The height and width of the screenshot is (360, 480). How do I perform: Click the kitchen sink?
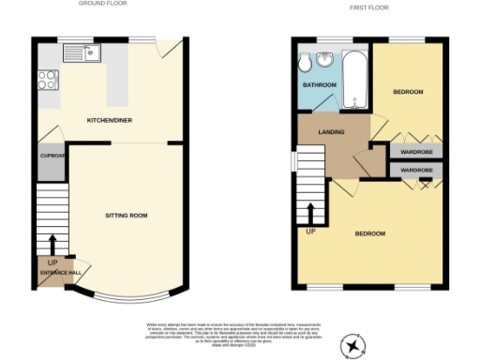(82, 52)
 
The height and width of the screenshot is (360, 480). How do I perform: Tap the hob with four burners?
(46, 81)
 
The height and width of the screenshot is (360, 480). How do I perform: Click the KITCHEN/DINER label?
(109, 122)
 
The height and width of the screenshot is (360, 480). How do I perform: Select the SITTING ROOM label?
(127, 216)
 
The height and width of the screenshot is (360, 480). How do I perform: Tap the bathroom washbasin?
(326, 61)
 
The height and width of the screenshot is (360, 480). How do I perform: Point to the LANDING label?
(331, 132)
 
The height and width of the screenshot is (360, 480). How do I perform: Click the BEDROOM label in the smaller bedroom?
(408, 92)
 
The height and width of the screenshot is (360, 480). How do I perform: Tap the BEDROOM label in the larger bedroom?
(369, 233)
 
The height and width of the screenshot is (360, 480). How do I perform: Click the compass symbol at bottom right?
(352, 347)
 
